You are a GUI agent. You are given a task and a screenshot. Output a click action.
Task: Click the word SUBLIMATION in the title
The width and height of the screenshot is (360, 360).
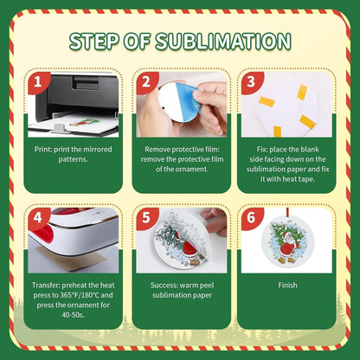[x=223, y=41]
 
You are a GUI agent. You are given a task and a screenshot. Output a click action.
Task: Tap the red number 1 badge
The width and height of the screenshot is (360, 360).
[x=38, y=82]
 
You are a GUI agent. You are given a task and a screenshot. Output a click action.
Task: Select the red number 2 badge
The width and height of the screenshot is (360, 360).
[x=146, y=82]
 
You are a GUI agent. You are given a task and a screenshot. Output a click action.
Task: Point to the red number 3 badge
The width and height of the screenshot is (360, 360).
[x=251, y=82]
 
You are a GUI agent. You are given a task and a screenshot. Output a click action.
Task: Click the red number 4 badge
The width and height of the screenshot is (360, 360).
[x=38, y=218]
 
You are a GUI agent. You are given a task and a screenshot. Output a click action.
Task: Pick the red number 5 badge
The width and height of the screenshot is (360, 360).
[x=146, y=218]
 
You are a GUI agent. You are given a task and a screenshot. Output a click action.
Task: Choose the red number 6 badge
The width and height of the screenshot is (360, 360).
[x=251, y=218]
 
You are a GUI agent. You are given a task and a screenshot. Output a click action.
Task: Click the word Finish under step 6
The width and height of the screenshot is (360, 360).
[x=287, y=286]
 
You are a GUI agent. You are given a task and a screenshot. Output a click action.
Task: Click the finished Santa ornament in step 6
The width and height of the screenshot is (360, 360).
[x=286, y=243]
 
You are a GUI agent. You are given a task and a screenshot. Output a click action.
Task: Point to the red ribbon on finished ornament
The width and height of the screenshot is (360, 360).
[x=288, y=214]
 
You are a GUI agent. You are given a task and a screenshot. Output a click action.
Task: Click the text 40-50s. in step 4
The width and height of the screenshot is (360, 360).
[x=73, y=315]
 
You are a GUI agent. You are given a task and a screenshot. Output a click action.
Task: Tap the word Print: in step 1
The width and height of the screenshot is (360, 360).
[x=43, y=150]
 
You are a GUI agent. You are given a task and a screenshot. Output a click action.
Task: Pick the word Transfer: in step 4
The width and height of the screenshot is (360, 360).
[x=46, y=286]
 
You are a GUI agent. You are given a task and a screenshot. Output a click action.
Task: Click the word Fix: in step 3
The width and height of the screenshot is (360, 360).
[x=262, y=150]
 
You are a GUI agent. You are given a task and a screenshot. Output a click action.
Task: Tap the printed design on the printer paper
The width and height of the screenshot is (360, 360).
[x=85, y=122]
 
